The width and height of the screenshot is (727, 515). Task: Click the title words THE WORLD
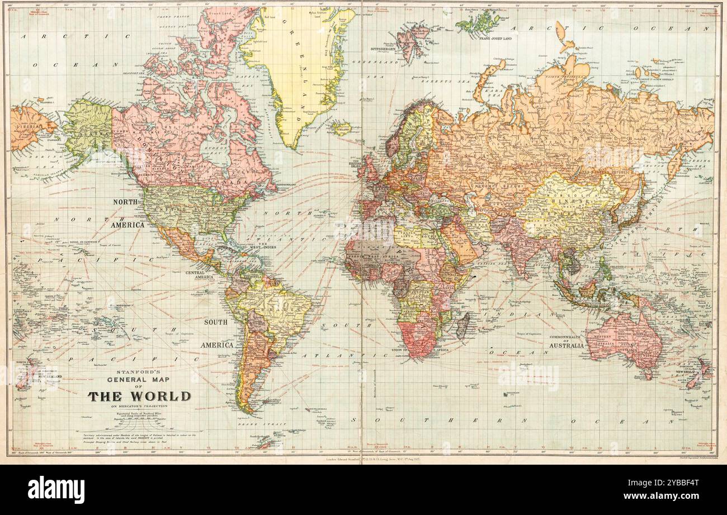tap(139, 396)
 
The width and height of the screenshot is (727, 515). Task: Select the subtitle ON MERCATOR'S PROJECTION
tap(139, 407)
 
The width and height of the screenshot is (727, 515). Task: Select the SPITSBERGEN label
tap(396, 50)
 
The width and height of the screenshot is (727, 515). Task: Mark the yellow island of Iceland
tap(341, 129)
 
